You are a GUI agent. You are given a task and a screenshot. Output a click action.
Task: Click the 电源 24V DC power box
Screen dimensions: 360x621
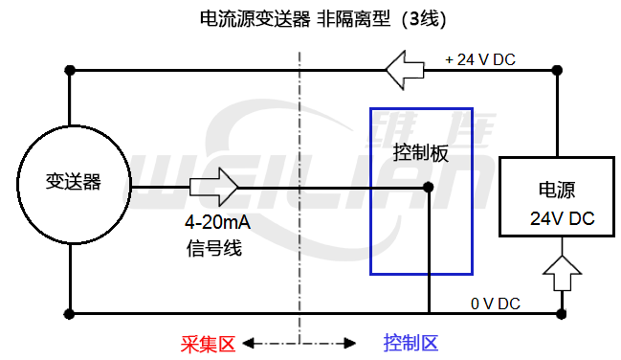[x=558, y=196]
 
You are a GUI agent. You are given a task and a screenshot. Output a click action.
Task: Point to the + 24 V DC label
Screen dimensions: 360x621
[x=480, y=58]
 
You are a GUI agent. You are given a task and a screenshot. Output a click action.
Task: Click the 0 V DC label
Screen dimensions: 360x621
[x=495, y=304]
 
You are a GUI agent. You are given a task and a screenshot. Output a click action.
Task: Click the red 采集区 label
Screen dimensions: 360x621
[x=209, y=342]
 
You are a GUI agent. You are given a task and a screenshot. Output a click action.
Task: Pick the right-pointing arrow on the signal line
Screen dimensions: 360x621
[x=214, y=186]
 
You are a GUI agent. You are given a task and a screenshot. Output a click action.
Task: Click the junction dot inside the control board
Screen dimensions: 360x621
[x=429, y=187]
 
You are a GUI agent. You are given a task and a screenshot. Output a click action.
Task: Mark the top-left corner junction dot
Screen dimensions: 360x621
[x=69, y=70]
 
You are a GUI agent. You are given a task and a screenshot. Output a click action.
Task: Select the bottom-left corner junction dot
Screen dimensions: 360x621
[x=69, y=313]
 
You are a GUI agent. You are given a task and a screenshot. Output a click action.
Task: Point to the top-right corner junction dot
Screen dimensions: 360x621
[x=559, y=69]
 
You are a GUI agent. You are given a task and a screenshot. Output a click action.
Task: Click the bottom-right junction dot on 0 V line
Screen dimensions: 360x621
[x=561, y=313]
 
